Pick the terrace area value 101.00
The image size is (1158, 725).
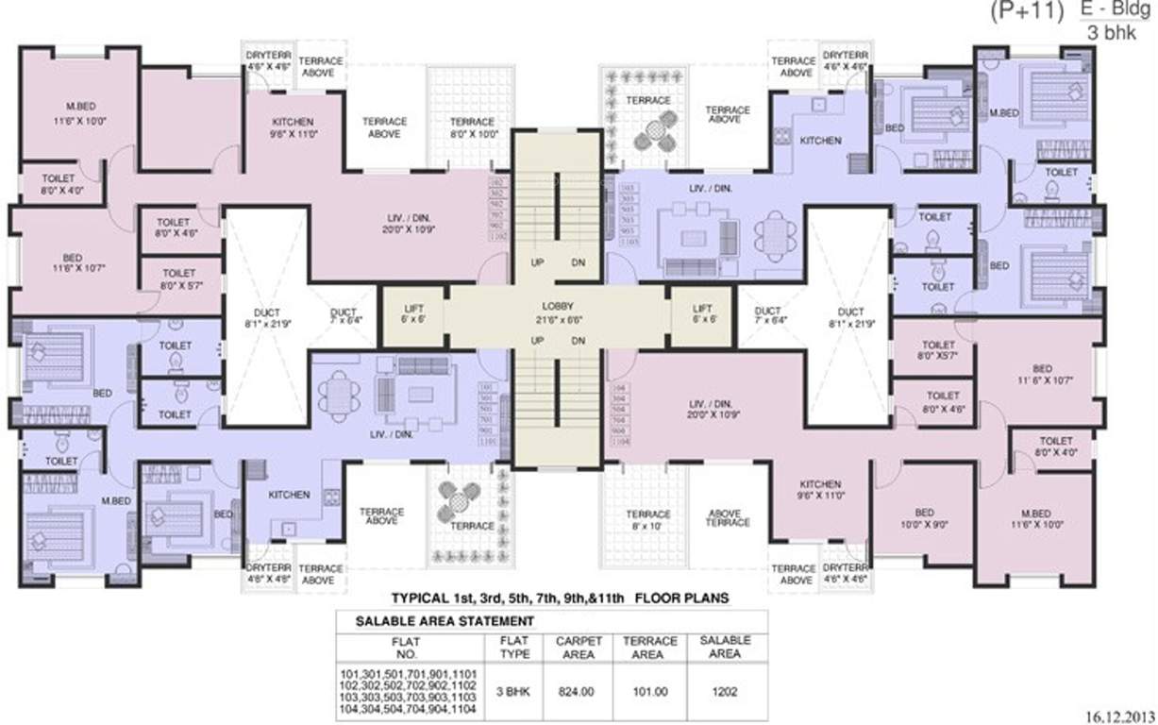[x=649, y=691]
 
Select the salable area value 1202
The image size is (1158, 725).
[x=725, y=691]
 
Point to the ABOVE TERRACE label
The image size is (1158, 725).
[x=728, y=518]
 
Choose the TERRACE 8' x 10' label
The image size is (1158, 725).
[x=647, y=520]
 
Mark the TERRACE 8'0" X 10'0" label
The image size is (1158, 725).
[x=472, y=127]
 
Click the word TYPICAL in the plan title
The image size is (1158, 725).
[x=421, y=599]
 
